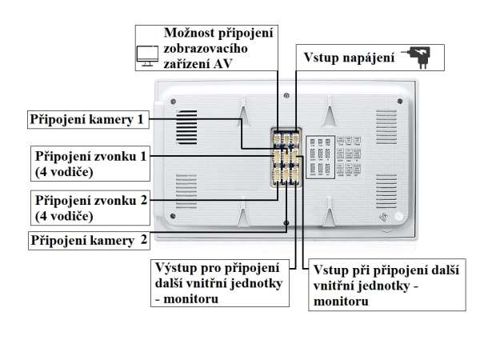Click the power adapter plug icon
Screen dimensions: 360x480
click(x=420, y=56)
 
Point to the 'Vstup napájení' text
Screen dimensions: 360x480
click(x=347, y=58)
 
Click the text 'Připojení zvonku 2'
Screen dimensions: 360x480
click(x=89, y=199)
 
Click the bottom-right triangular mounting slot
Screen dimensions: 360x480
click(x=327, y=214)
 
